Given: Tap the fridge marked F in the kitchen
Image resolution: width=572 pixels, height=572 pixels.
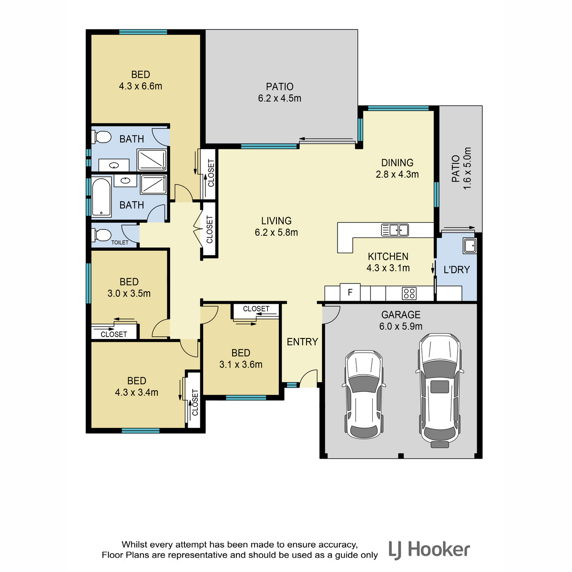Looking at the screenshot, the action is pos(350,292).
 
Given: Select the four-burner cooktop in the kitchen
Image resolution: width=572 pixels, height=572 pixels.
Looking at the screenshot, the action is pos(409,293).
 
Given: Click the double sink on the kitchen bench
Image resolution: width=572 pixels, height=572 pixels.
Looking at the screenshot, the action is pos(395,230).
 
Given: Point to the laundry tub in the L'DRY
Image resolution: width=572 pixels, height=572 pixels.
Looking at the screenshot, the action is pos(470,246).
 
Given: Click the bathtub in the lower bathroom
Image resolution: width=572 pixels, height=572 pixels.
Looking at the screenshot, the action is pos(102,197).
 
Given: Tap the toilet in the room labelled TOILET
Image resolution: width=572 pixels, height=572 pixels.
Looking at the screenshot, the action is pos(101,235).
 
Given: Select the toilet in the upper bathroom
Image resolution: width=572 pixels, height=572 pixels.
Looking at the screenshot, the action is pos(101,137).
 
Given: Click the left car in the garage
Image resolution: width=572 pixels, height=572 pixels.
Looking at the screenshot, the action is pos(364,394).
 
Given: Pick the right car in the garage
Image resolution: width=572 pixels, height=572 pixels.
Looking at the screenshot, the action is pos(439,390).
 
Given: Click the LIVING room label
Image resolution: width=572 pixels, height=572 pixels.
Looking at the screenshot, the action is pos(276,221).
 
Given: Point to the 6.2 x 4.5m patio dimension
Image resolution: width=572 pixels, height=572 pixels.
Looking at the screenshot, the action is pos(280,98).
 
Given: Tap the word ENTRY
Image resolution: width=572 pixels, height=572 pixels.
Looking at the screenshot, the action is pos(303,342).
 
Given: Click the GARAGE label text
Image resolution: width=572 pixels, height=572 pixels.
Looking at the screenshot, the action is pos(401,315).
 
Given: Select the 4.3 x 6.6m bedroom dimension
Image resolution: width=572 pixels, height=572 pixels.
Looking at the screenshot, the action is pos(141,86).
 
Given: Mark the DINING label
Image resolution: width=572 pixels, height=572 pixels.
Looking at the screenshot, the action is pos(397,163).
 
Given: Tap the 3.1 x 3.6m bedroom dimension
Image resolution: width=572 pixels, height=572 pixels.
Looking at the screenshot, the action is pos(241,365).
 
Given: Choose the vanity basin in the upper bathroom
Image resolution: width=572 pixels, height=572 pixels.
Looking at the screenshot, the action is pos(114,165).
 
